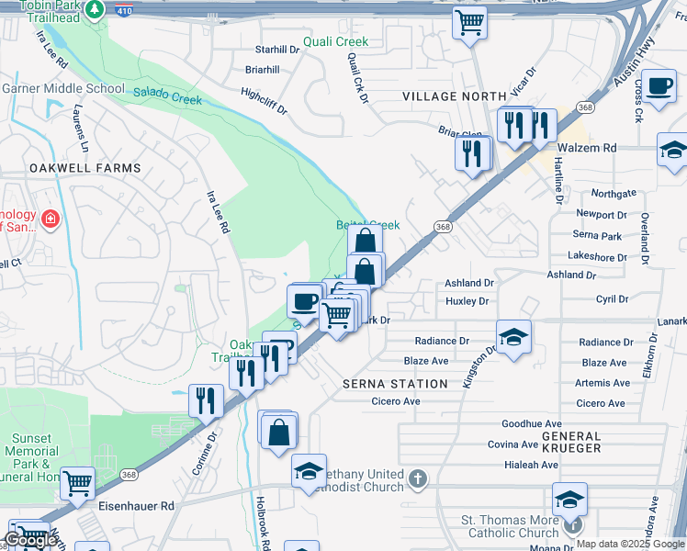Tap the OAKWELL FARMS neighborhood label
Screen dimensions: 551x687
(x=85, y=168)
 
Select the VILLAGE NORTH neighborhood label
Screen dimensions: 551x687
(x=454, y=96)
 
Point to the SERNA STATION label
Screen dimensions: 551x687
(x=395, y=384)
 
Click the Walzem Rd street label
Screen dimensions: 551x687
(x=584, y=147)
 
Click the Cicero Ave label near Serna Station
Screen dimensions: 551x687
(x=396, y=401)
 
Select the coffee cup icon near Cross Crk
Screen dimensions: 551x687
(x=659, y=88)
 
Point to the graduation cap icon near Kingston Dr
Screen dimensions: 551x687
(x=513, y=335)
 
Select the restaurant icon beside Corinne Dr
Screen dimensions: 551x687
(x=205, y=399)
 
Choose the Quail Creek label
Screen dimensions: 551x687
(x=336, y=41)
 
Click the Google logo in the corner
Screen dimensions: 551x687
(x=29, y=540)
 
